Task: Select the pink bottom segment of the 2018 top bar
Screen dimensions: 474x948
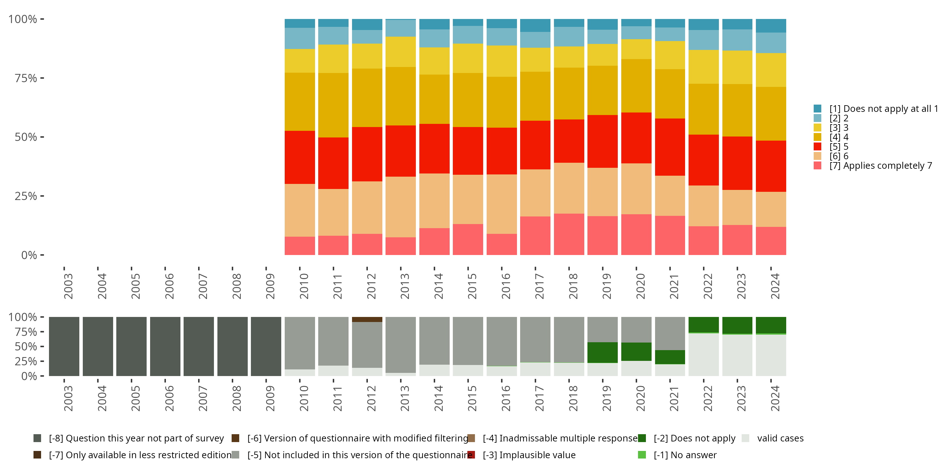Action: [x=568, y=234]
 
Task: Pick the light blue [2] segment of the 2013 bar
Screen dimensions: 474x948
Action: [x=400, y=28]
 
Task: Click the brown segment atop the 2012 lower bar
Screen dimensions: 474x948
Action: [x=367, y=319]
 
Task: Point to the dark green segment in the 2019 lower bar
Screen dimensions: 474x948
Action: [x=602, y=352]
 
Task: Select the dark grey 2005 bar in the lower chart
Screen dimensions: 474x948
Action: [x=131, y=346]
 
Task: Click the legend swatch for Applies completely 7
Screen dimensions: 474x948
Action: [x=817, y=166]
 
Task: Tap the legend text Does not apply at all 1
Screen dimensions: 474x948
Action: [x=883, y=109]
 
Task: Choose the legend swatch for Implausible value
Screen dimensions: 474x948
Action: [x=471, y=455]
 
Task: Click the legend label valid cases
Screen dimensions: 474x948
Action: [x=780, y=438]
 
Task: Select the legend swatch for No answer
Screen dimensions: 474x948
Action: [x=642, y=455]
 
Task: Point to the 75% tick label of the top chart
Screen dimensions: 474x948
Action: [x=26, y=78]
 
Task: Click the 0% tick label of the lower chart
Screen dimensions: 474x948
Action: [x=29, y=376]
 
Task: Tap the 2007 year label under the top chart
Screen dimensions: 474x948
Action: [x=203, y=286]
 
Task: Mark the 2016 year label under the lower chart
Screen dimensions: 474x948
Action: [x=506, y=398]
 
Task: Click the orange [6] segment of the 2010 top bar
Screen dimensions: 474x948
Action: [x=300, y=210]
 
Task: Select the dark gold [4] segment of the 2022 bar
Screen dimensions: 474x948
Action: [x=703, y=109]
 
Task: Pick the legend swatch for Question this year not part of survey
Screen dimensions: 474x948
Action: [x=37, y=438]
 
